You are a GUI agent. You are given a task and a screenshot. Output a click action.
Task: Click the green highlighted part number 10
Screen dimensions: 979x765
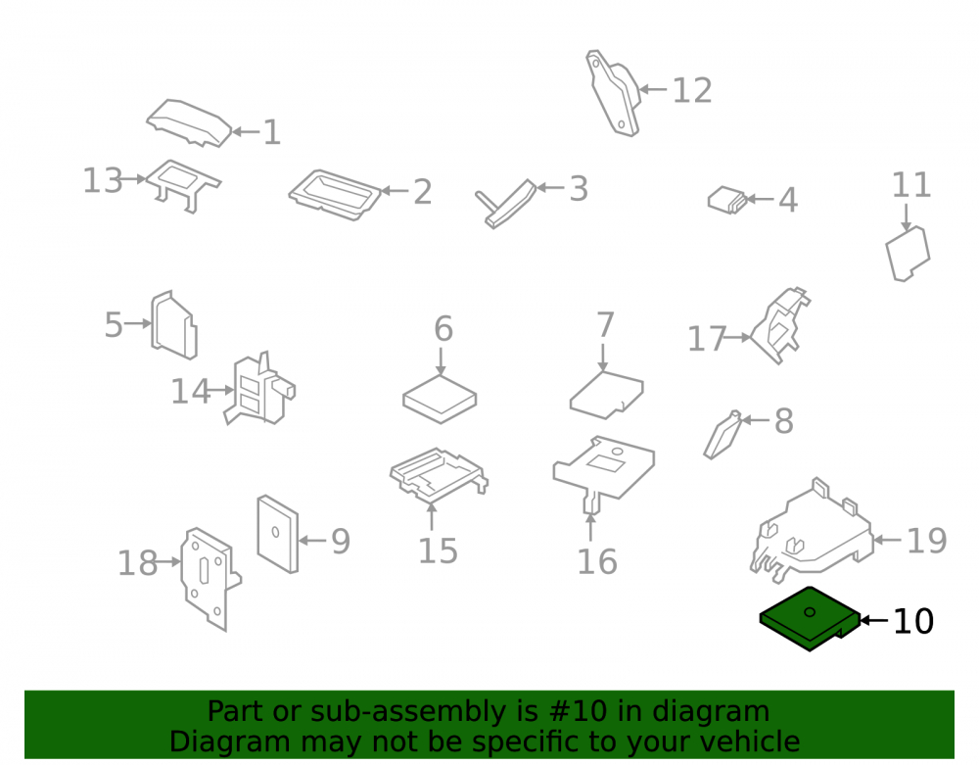coord(810,618)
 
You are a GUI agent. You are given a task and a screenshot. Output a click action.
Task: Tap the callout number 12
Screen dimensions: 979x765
coord(692,91)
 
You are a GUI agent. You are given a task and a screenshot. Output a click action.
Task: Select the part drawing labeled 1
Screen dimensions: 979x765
coord(189,123)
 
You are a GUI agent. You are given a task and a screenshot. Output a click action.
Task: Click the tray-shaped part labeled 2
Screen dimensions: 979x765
coord(335,195)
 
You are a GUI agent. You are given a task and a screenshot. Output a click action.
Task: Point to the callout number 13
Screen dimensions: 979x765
coord(103,180)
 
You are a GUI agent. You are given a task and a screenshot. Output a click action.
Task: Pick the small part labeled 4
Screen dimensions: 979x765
coord(727,201)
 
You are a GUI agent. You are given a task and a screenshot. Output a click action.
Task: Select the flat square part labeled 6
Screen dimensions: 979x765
coord(440,399)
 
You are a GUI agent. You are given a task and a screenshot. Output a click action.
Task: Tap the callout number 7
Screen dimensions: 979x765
coord(605,325)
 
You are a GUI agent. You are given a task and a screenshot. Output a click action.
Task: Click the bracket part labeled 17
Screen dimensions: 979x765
coord(779,325)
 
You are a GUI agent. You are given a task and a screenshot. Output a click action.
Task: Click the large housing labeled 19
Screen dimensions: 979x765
coord(812,531)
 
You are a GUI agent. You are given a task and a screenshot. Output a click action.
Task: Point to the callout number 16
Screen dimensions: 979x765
coord(597,561)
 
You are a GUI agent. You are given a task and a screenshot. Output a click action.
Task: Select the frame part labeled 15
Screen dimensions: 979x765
coord(439,476)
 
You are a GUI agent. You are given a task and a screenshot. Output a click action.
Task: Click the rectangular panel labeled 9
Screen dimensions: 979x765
coord(278,534)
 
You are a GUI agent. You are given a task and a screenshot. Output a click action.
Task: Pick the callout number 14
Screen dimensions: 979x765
coord(191,392)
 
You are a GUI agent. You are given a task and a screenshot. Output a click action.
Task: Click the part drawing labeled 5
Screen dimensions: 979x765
coord(173,325)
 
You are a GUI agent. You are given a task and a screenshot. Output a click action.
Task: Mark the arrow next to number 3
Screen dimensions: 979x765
coord(549,187)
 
